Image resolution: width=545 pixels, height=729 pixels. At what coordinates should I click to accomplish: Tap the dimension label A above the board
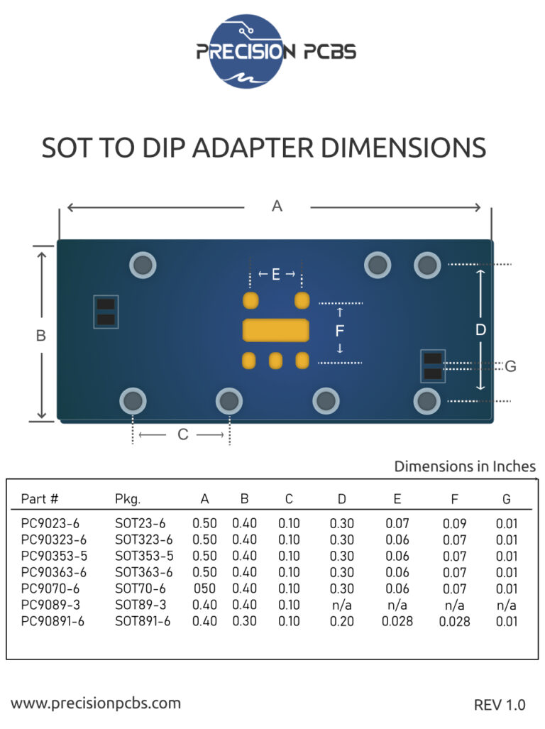coord(277,206)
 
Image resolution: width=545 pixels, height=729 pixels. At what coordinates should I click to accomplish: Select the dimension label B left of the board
coord(40,335)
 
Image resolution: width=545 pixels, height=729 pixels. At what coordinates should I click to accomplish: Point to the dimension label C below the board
coord(182,434)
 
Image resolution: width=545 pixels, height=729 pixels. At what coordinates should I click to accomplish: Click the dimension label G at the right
coord(510,366)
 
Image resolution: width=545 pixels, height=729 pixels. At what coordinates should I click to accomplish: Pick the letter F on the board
coord(340,331)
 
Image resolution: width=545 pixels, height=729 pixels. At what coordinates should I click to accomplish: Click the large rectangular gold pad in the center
coord(276,330)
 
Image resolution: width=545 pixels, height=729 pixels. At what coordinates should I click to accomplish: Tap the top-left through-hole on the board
coord(143,265)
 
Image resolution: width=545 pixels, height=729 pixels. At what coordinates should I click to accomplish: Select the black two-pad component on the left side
coord(106,312)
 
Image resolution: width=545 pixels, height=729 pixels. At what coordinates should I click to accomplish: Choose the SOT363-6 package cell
coord(143,572)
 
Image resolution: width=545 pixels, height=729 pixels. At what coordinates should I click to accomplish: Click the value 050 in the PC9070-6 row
coord(205,588)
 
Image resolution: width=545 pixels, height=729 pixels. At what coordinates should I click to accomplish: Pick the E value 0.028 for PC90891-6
coord(397,621)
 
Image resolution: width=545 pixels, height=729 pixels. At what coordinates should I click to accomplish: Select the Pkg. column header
coord(128,498)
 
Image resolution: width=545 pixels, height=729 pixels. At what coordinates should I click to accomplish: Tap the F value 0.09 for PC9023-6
coord(454,524)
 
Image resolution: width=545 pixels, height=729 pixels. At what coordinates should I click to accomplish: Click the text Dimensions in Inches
coord(465,466)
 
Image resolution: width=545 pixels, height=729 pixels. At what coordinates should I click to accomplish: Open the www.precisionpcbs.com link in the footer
coord(96,703)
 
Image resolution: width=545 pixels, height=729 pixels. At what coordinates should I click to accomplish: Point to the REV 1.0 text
coord(500,705)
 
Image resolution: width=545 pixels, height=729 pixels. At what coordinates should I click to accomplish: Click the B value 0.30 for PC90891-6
coord(245,621)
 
